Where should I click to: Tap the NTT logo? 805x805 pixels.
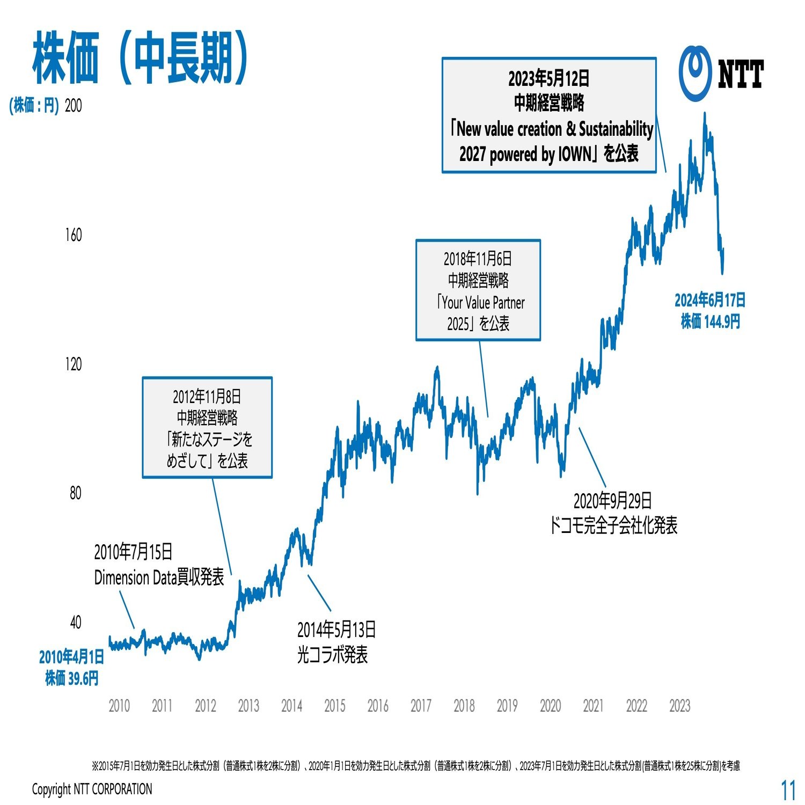pos(721,74)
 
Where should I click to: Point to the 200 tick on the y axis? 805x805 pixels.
pos(73,106)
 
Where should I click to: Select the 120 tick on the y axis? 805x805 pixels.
pos(73,364)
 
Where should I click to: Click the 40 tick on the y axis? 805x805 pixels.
pos(76,623)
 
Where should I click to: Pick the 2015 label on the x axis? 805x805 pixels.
pos(335,705)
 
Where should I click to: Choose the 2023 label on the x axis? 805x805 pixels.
pos(679,705)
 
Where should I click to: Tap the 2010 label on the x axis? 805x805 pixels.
pos(119,705)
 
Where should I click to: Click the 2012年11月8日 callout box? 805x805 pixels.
pos(207,428)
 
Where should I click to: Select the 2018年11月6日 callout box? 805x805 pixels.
pos(478,290)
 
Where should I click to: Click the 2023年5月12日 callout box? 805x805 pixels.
pos(549,115)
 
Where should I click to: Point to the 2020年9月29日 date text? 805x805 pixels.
pos(612,501)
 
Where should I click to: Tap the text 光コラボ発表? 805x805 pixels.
pos(333,655)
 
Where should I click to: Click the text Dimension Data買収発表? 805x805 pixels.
pos(159,577)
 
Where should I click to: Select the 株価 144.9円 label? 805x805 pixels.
pos(711,322)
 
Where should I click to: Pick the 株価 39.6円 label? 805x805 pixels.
pos(72,678)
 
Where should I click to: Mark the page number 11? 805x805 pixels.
pos(788,790)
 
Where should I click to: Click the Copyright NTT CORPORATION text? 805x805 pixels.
pos(92,789)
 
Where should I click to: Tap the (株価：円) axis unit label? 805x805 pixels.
pos(34,106)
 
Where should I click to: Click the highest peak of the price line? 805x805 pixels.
pos(705,114)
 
